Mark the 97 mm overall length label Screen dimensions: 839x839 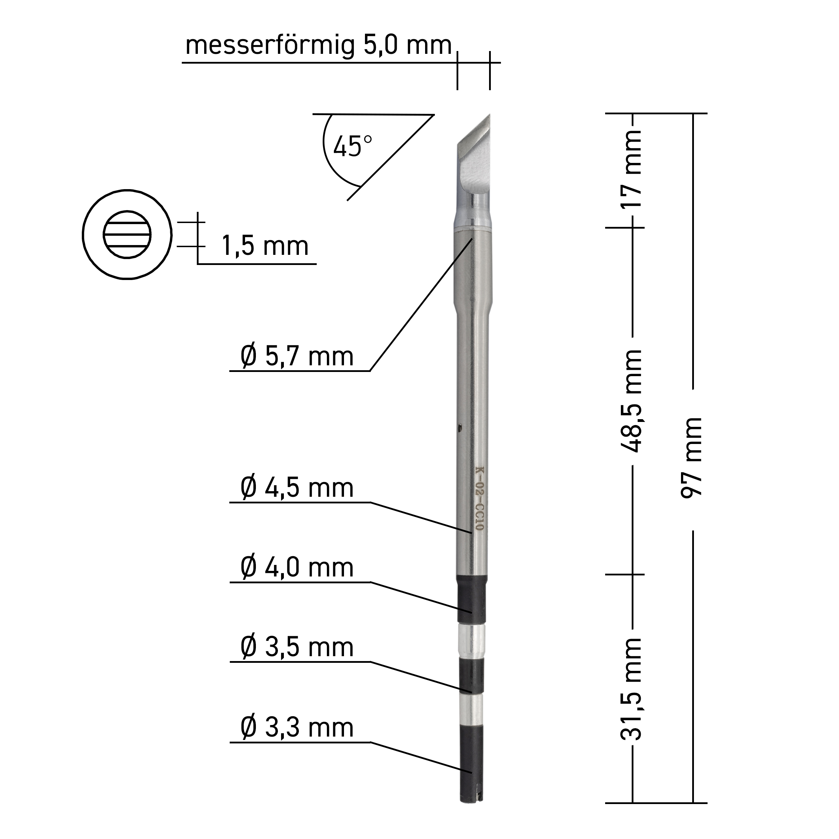(x=692, y=458)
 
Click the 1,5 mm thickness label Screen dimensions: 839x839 (x=265, y=246)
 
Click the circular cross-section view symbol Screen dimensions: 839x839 (x=127, y=235)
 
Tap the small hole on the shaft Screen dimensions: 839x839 (x=460, y=430)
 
